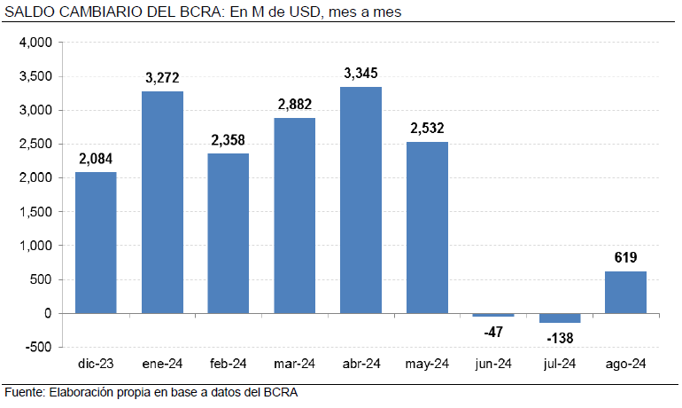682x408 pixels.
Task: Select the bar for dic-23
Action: [x=96, y=242]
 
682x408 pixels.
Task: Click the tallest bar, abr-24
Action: [x=360, y=200]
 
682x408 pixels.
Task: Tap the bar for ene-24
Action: [x=162, y=202]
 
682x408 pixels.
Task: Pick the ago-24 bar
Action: [x=625, y=292]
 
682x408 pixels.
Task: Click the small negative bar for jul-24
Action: [x=559, y=318]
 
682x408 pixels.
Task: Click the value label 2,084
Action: [x=96, y=159]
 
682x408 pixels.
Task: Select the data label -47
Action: [x=493, y=331]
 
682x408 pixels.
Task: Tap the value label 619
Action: [x=625, y=258]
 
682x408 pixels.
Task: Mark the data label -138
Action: [x=559, y=338]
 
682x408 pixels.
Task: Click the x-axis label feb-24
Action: [x=229, y=364]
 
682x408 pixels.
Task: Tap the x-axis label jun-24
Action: [x=493, y=364]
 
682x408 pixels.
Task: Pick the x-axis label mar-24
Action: [x=294, y=364]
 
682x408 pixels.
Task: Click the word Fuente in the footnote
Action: [x=24, y=392]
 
